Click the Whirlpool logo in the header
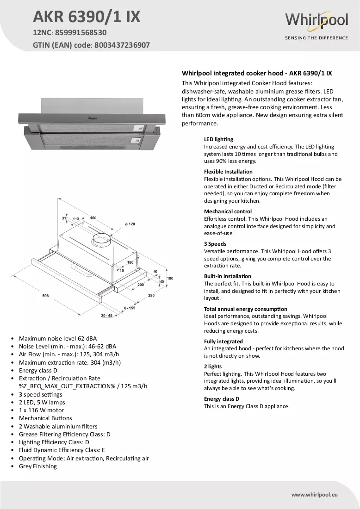(x=317, y=20)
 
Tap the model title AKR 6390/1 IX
(x=87, y=17)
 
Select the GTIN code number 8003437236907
(x=122, y=45)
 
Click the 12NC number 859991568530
(x=81, y=32)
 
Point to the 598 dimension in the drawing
(x=45, y=296)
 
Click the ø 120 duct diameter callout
(x=130, y=224)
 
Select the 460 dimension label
(x=93, y=218)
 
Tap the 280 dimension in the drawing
(x=151, y=295)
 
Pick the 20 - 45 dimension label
(x=107, y=316)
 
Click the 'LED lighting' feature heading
(x=218, y=139)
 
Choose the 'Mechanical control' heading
(x=228, y=211)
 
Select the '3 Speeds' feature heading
(x=215, y=244)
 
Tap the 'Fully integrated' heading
(x=223, y=341)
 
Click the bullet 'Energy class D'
(x=38, y=370)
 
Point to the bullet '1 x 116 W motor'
(x=41, y=410)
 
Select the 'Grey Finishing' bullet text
(x=37, y=466)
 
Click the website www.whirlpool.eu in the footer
(x=315, y=495)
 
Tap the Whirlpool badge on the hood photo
(x=93, y=118)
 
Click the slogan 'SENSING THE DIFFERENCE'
(x=317, y=37)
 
